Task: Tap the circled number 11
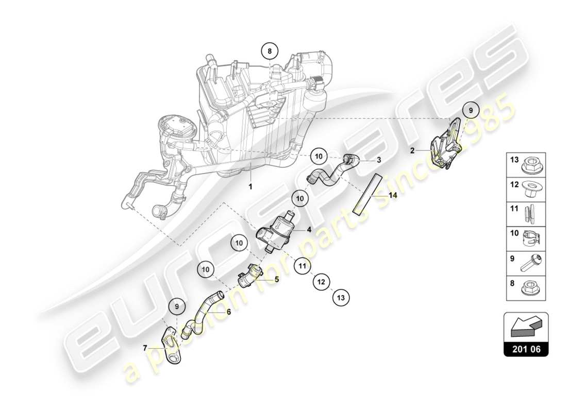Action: point(302,266)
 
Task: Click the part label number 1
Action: point(251,187)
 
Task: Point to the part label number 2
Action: point(413,151)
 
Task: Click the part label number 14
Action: point(393,196)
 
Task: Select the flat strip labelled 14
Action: point(368,194)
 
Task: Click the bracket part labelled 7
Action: point(173,345)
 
